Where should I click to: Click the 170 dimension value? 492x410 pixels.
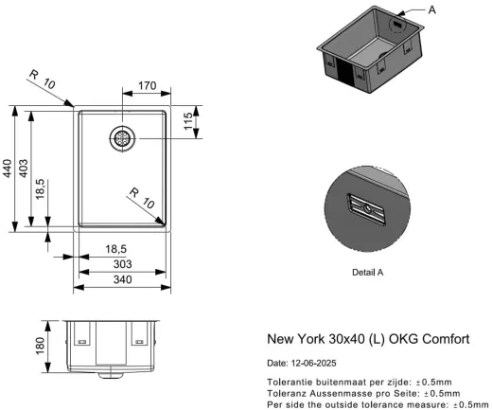click(146, 86)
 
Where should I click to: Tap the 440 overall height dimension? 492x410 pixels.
click(8, 169)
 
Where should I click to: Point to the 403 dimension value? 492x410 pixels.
click(26, 169)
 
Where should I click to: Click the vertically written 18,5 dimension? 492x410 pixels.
click(41, 189)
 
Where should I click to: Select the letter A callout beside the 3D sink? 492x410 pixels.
click(432, 9)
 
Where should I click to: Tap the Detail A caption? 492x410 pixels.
click(366, 271)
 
